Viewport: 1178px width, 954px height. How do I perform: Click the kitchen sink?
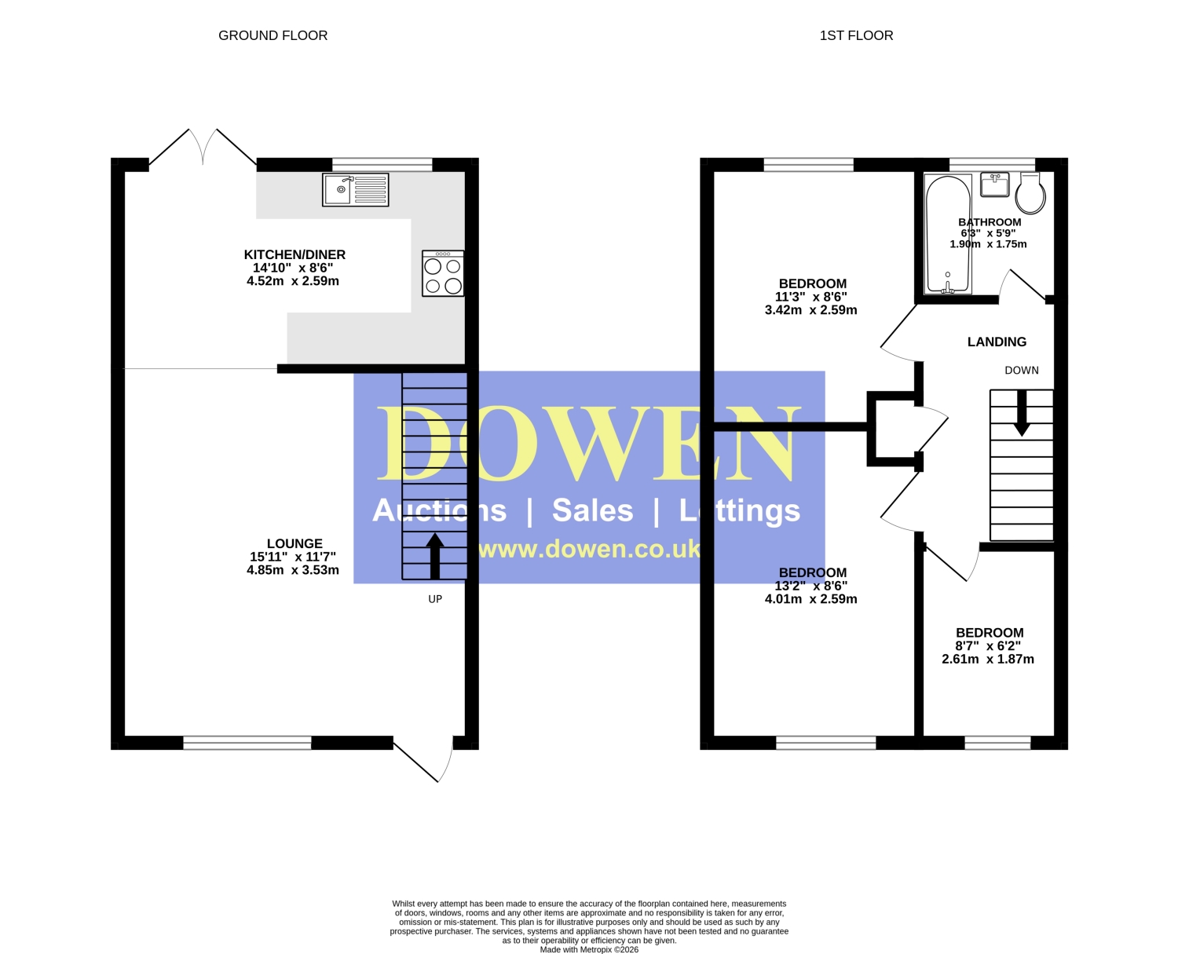tap(355, 190)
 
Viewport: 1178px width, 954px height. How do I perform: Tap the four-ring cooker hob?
tap(442, 273)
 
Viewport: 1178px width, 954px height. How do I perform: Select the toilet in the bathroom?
tap(1030, 193)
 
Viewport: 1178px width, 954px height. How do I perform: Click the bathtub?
tap(948, 234)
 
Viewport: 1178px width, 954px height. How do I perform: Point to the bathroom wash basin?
tap(994, 185)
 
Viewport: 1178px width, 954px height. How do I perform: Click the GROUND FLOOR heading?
tap(273, 35)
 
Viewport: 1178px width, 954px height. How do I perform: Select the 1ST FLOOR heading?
tap(856, 35)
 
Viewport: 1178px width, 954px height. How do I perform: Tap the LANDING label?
tap(997, 342)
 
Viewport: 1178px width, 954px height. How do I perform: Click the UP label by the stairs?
tap(435, 599)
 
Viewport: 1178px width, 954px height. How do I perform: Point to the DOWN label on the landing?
tap(1022, 371)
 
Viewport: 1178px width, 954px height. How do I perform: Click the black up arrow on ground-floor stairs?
tap(435, 556)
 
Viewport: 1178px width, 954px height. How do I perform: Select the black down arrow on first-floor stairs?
tap(1022, 413)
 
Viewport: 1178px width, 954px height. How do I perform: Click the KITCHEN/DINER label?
tap(294, 254)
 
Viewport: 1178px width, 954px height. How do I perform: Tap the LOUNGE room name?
tap(294, 543)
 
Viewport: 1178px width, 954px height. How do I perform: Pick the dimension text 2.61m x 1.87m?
tap(988, 660)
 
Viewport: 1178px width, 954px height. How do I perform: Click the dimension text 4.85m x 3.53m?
tap(293, 570)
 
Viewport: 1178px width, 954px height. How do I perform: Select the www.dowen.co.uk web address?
tap(588, 549)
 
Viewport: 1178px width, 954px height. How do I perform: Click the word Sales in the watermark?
tap(592, 510)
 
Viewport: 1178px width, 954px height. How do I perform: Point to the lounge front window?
tap(247, 743)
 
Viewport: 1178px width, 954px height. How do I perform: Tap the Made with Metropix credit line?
tap(589, 949)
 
